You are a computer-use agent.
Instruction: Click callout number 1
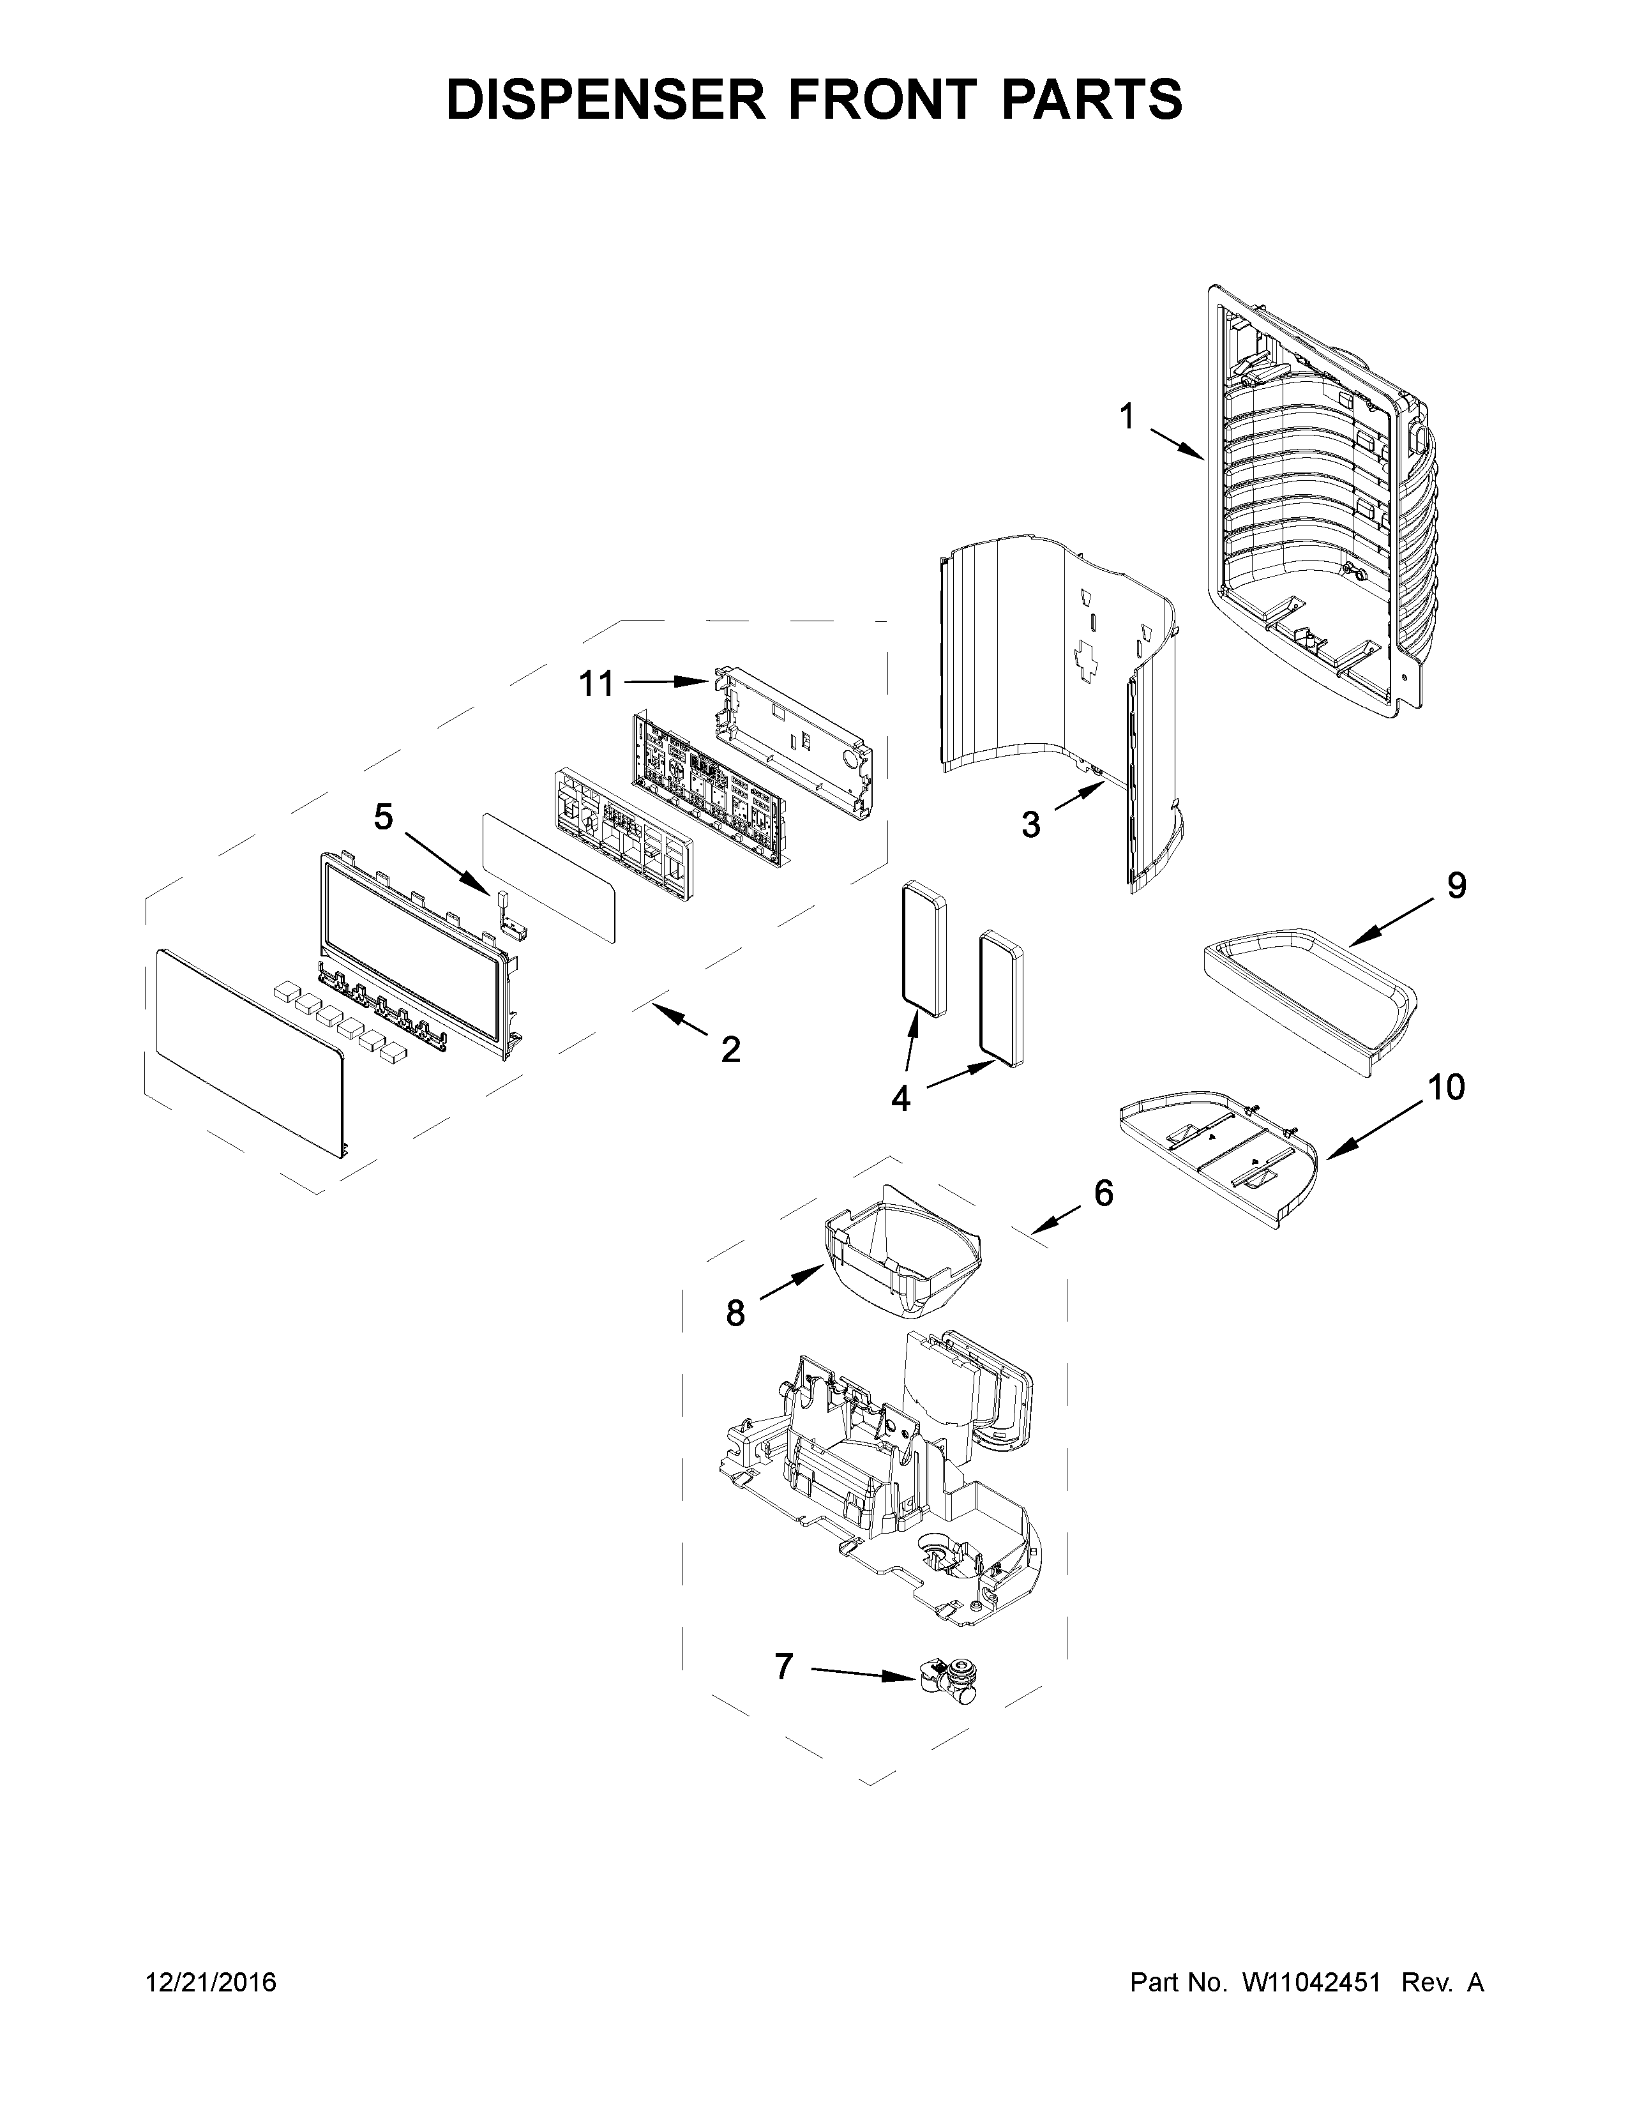point(1126,418)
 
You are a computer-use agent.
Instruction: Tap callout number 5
point(383,817)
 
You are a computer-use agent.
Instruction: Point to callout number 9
point(1456,885)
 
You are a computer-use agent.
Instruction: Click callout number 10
point(1445,1087)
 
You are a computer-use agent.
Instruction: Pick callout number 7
point(783,1666)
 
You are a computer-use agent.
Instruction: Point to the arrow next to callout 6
point(1055,1220)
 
